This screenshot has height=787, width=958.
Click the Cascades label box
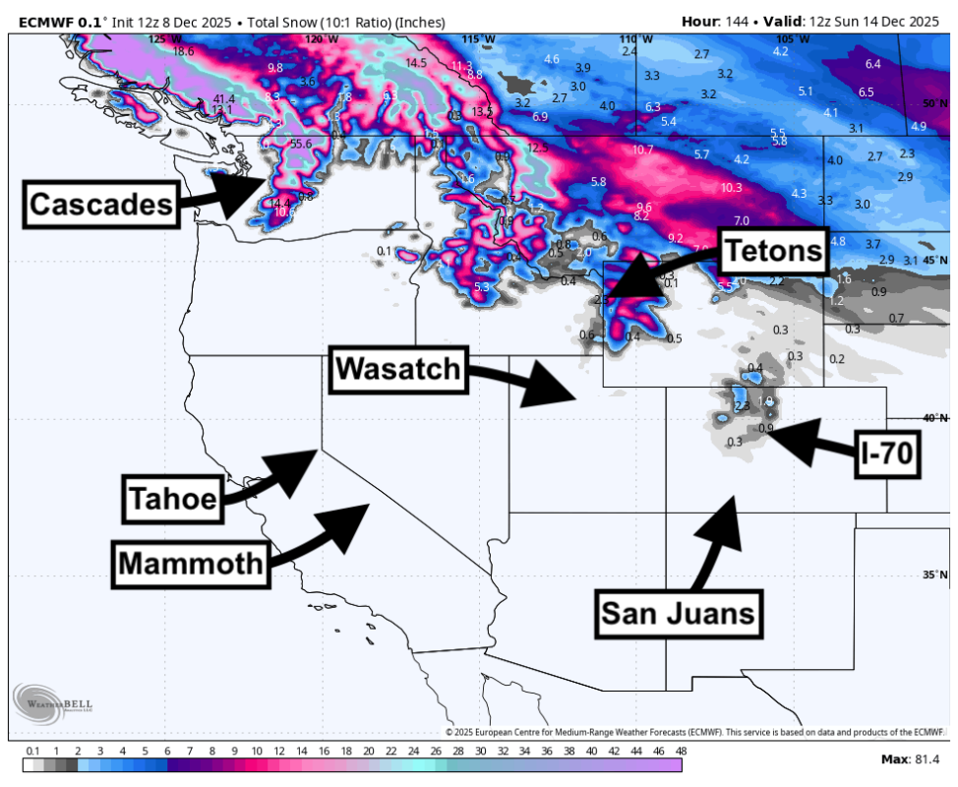pos(100,205)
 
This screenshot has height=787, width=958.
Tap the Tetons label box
pos(773,251)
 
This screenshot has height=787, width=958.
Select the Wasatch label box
pos(397,368)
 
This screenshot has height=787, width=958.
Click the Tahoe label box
pos(172,499)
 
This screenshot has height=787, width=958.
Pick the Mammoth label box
pos(191,564)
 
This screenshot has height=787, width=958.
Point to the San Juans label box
pos(679,613)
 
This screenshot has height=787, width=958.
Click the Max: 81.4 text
pos(910,759)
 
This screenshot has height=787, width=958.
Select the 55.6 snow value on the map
pos(301,144)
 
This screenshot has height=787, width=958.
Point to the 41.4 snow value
pos(224,98)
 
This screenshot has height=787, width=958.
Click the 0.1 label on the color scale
pos(32,752)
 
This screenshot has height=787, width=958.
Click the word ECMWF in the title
pos(46,22)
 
